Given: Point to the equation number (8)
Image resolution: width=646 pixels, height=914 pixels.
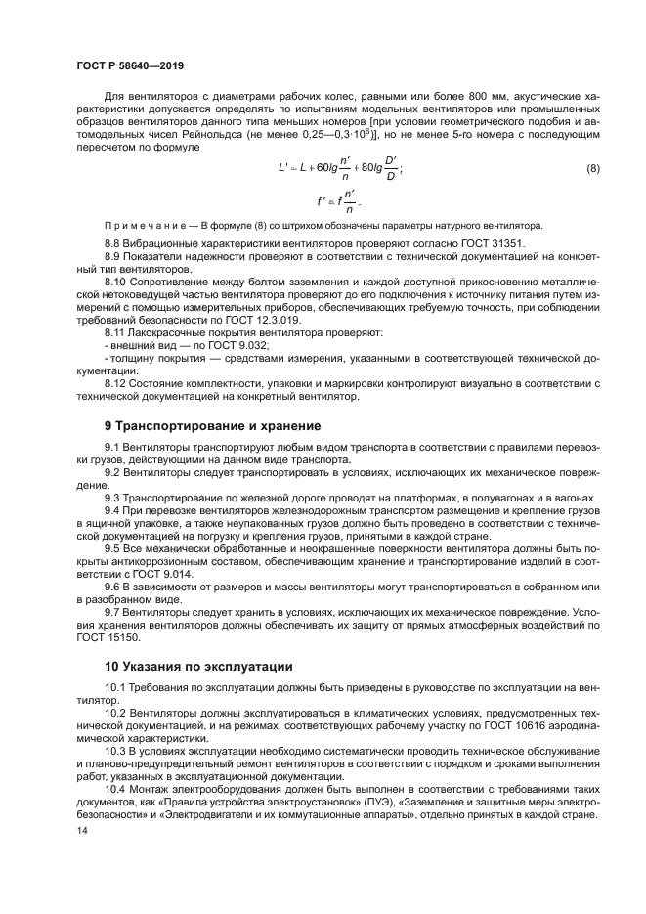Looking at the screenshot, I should (x=592, y=168).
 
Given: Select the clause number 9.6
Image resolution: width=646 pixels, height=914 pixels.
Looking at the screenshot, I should (x=113, y=586).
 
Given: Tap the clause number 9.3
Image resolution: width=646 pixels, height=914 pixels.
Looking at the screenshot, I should (x=113, y=499).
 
